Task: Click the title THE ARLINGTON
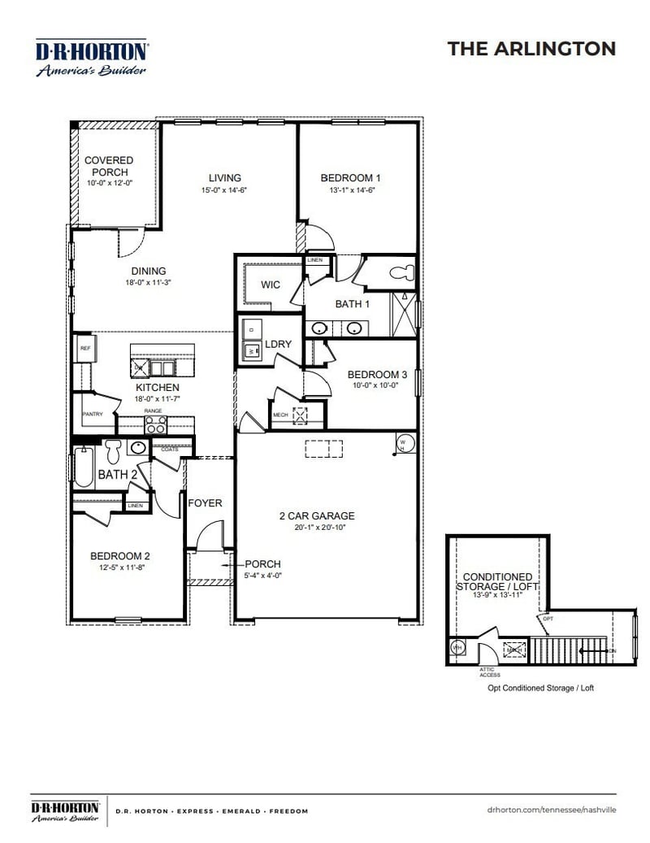coord(531,49)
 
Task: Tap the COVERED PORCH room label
coord(109,167)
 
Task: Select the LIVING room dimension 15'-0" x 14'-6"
coord(224,189)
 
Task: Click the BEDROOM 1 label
coord(350,178)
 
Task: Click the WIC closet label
coord(271,285)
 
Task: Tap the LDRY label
coord(278,345)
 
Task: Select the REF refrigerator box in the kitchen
coord(84,348)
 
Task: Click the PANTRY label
coord(92,414)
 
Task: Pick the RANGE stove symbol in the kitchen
coord(156,423)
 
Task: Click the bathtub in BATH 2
coord(83,467)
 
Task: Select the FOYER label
coord(205,503)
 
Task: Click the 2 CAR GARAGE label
coord(317,515)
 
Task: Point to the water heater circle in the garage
coord(405,443)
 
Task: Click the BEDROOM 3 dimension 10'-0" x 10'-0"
coord(376,386)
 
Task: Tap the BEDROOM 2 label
coord(119,556)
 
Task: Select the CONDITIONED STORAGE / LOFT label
coord(498,581)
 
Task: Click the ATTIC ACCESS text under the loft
coord(489,671)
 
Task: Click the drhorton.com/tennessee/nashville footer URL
coord(552,810)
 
